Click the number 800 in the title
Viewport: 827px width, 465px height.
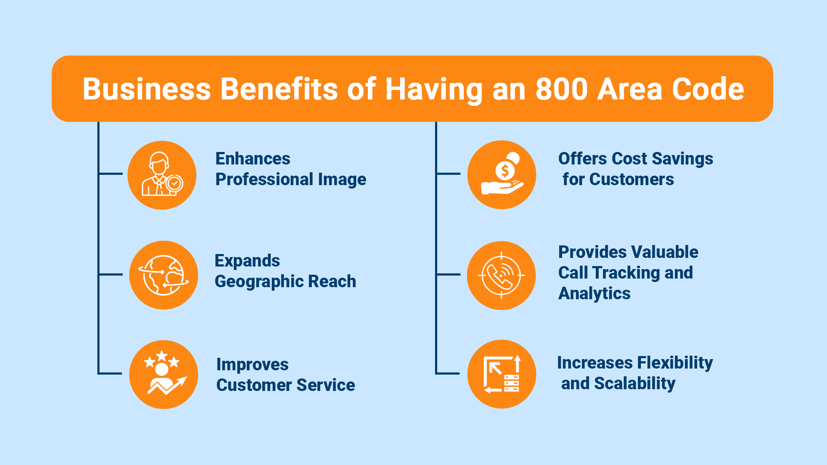click(x=562, y=89)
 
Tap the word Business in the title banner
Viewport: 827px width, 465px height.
click(x=147, y=89)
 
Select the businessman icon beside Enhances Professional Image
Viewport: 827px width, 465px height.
click(x=162, y=174)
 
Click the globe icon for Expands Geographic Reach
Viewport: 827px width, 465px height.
click(x=164, y=275)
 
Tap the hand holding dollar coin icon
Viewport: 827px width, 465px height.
click(x=502, y=174)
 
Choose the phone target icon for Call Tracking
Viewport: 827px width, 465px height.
click(x=501, y=275)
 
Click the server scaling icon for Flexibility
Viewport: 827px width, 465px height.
click(x=502, y=374)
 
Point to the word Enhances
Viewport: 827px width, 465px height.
click(x=253, y=158)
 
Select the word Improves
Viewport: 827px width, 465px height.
click(x=252, y=365)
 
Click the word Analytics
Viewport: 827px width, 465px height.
click(x=594, y=294)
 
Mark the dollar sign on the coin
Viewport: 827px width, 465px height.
click(x=505, y=170)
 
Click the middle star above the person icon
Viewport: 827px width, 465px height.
click(x=162, y=356)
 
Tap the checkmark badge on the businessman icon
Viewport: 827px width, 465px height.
click(x=174, y=183)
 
